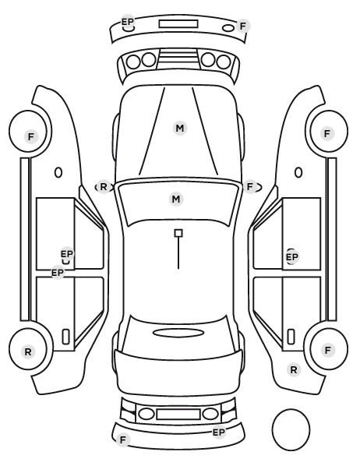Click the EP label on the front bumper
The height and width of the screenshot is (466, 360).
pyautogui.click(x=128, y=22)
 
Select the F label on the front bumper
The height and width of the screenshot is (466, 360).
pyautogui.click(x=243, y=26)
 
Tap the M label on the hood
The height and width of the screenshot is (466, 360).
pyautogui.click(x=180, y=129)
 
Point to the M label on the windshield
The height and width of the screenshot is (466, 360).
pyautogui.click(x=176, y=199)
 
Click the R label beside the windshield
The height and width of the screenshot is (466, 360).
pyautogui.click(x=103, y=187)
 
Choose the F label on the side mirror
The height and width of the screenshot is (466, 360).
pyautogui.click(x=249, y=187)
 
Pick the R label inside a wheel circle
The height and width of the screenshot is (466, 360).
pyautogui.click(x=28, y=352)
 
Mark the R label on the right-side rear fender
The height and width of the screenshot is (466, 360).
pyautogui.click(x=294, y=370)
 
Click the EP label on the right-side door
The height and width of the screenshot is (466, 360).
pyautogui.click(x=291, y=257)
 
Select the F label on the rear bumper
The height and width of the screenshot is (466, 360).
pyautogui.click(x=123, y=440)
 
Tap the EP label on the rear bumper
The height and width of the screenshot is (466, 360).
pyautogui.click(x=219, y=432)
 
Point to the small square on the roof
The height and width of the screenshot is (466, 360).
pyautogui.click(x=178, y=233)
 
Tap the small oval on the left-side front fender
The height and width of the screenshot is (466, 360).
pyautogui.click(x=58, y=173)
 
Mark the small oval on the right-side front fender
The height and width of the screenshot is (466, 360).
pyautogui.click(x=298, y=173)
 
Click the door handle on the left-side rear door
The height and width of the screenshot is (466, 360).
pyautogui.click(x=65, y=337)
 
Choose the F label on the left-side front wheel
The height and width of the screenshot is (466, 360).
pyautogui.click(x=31, y=137)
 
